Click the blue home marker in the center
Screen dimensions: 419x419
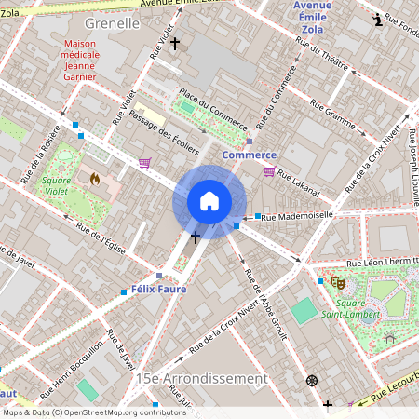point(209,201)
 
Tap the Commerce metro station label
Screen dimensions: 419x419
point(249,155)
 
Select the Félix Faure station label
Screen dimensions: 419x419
point(158,289)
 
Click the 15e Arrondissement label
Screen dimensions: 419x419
point(201,379)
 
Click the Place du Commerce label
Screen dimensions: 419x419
point(213,108)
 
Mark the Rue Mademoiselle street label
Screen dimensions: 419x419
point(297,216)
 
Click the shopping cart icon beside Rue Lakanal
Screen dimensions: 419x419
point(269,171)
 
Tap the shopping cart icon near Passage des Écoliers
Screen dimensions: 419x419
point(144,163)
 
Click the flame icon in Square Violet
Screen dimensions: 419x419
point(94,178)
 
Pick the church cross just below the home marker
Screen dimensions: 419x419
point(196,238)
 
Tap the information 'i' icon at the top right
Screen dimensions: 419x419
point(376,20)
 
